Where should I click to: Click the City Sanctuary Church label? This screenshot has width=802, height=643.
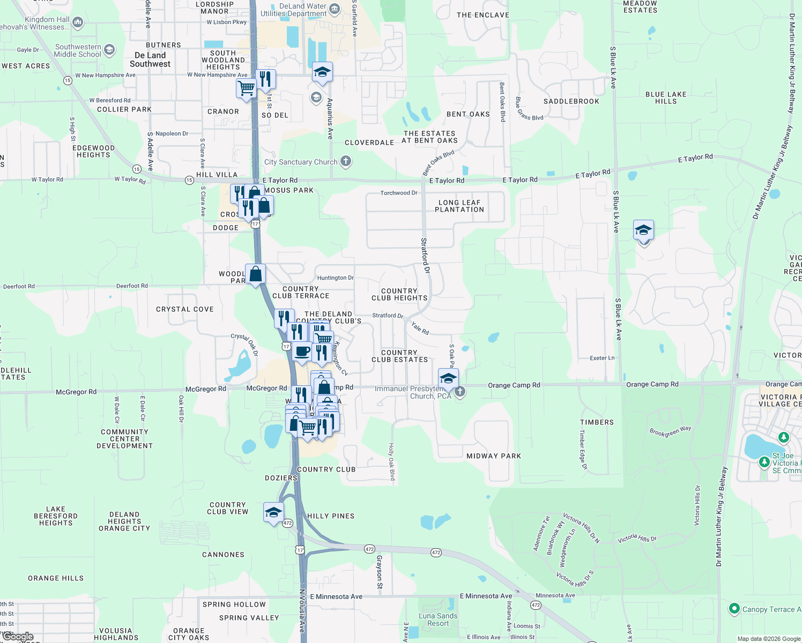click(x=301, y=162)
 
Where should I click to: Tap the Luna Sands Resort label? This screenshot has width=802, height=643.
click(x=438, y=619)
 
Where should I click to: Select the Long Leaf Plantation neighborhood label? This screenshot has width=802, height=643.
click(x=459, y=206)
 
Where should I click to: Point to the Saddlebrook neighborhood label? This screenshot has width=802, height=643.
click(x=571, y=101)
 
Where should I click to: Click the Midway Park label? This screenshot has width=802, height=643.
click(x=494, y=456)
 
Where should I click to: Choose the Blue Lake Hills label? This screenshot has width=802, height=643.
click(x=666, y=98)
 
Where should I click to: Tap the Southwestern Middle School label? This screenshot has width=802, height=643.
click(x=78, y=50)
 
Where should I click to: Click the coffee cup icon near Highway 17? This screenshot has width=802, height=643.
click(x=302, y=352)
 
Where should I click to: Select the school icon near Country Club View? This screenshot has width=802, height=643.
click(x=273, y=512)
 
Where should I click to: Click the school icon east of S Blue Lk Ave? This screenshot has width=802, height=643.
click(x=643, y=230)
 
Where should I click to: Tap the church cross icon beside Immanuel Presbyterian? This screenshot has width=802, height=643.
click(x=460, y=392)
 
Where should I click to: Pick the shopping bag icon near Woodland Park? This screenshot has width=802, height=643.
click(x=256, y=274)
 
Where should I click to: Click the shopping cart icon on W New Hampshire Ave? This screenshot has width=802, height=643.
click(x=246, y=87)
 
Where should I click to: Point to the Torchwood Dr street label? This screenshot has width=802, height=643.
click(x=399, y=193)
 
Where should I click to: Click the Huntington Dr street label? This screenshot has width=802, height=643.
click(x=336, y=278)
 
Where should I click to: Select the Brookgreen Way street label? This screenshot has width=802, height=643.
click(x=670, y=431)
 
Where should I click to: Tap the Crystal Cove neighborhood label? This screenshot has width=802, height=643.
click(x=185, y=309)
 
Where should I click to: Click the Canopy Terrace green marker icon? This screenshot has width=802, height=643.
click(x=734, y=609)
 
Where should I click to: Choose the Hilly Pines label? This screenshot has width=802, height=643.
click(x=331, y=516)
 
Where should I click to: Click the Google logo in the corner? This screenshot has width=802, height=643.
click(x=18, y=637)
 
